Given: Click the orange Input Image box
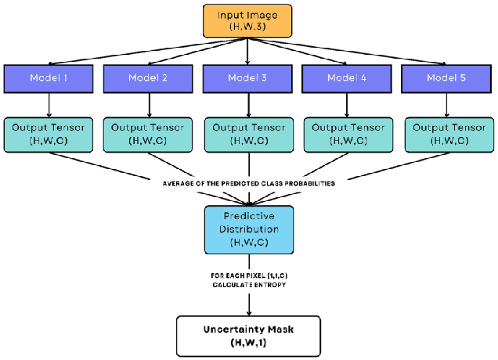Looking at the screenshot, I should pyautogui.click(x=247, y=20).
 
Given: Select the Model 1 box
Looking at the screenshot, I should pyautogui.click(x=49, y=78).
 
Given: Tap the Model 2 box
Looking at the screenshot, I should pyautogui.click(x=148, y=78).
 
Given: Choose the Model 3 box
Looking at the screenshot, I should pyautogui.click(x=247, y=78).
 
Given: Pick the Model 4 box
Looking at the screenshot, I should pyautogui.click(x=347, y=78).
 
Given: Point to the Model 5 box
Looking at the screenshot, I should pyautogui.click(x=446, y=78).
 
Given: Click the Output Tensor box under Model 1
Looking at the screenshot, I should pyautogui.click(x=49, y=134).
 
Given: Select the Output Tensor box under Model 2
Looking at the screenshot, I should pyautogui.click(x=148, y=134).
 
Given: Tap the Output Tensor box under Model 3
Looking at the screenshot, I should pyautogui.click(x=247, y=134).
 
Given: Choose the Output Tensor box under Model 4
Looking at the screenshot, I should pyautogui.click(x=347, y=134).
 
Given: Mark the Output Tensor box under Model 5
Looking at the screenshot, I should pyautogui.click(x=446, y=134).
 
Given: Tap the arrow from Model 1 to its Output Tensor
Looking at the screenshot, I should pyautogui.click(x=49, y=105).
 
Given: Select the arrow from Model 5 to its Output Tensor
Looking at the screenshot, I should pyautogui.click(x=446, y=105).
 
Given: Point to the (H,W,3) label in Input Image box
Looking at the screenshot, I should pyautogui.click(x=247, y=27).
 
